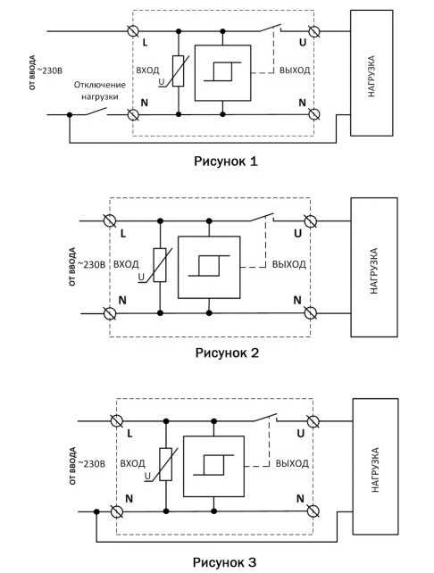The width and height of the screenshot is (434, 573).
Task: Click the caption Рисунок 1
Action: (x=226, y=162)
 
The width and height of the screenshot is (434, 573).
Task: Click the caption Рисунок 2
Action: (x=227, y=353)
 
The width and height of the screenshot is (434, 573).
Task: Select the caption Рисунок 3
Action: (x=224, y=562)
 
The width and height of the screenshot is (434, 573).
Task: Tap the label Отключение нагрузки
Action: (x=100, y=91)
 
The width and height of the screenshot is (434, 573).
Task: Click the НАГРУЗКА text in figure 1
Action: (x=371, y=76)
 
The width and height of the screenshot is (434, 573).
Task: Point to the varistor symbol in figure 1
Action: (x=178, y=71)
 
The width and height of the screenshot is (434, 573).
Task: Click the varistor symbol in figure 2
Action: (x=160, y=265)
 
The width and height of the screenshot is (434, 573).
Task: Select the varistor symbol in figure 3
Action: (x=165, y=464)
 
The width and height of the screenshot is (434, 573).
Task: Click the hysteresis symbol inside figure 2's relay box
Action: (x=209, y=266)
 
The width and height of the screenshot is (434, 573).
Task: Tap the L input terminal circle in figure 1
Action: (x=133, y=31)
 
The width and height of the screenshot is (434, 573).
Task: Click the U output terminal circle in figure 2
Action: (x=311, y=221)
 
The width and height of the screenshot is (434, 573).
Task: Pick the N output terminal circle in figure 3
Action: (x=313, y=511)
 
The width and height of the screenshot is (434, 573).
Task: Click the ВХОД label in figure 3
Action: (x=133, y=463)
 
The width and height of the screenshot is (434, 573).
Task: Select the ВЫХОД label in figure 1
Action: (x=295, y=71)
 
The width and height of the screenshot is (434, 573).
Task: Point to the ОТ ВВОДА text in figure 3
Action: (x=72, y=466)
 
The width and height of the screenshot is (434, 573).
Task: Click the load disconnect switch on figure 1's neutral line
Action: (x=95, y=112)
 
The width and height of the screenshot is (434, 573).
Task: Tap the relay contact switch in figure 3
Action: (x=265, y=418)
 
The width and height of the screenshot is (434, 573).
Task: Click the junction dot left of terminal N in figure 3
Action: (x=96, y=511)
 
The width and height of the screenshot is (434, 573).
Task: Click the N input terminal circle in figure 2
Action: (x=110, y=313)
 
